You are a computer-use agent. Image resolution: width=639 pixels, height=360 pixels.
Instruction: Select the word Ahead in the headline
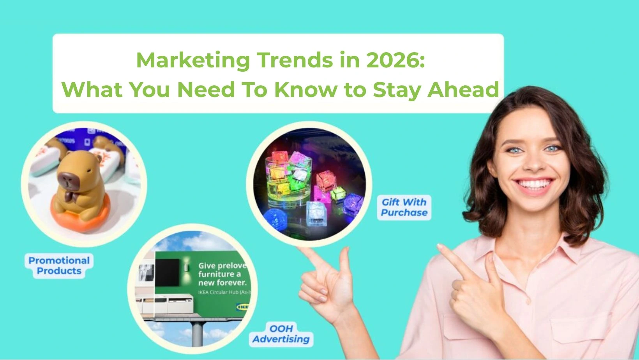[463, 90]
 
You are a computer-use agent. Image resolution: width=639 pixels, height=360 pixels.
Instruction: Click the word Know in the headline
[306, 90]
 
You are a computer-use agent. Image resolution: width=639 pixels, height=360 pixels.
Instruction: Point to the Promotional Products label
[59, 266]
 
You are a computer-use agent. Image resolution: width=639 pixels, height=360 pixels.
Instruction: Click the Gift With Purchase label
[404, 207]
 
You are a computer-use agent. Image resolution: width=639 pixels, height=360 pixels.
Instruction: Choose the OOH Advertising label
[281, 334]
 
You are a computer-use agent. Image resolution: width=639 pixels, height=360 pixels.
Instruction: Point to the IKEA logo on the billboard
[242, 307]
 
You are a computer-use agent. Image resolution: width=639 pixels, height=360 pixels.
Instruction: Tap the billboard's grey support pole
[197, 333]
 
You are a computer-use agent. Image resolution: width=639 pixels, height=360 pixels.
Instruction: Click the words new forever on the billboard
[222, 283]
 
